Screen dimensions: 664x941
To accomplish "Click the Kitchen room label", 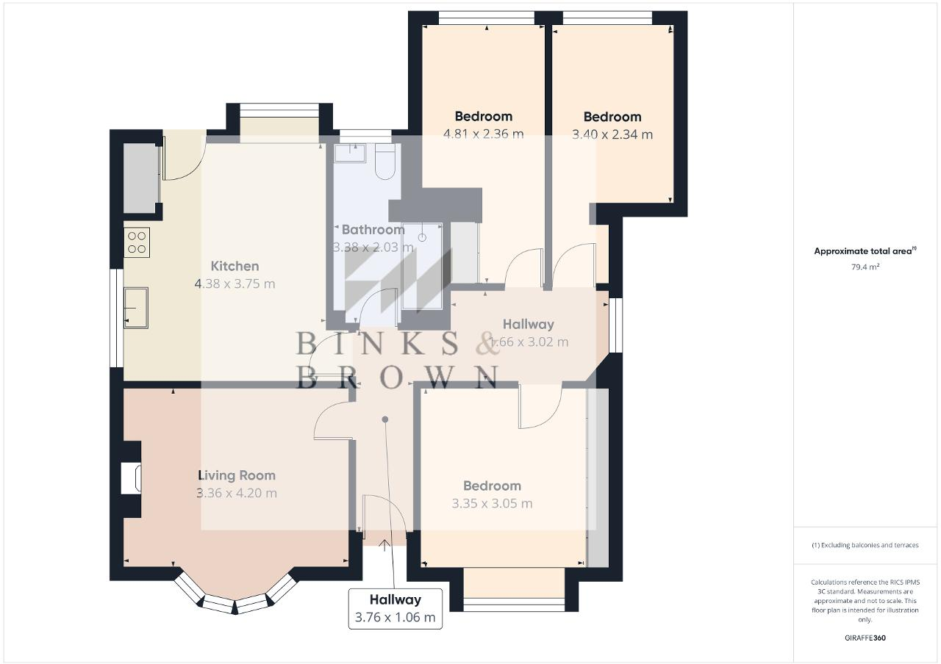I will pyautogui.click(x=235, y=266).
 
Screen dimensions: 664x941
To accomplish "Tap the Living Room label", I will pyautogui.click(x=236, y=475).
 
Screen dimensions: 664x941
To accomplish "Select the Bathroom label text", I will pyautogui.click(x=373, y=229).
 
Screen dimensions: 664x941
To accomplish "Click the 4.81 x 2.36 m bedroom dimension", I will pyautogui.click(x=483, y=134).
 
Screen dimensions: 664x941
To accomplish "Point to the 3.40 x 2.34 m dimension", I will pyautogui.click(x=612, y=134).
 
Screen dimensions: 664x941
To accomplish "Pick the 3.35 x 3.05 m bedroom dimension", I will pyautogui.click(x=492, y=503).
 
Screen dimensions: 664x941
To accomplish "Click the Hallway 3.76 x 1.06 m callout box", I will pyautogui.click(x=395, y=608).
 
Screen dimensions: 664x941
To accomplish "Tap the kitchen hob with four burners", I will pyautogui.click(x=137, y=242).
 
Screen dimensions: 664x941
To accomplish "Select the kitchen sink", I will pyautogui.click(x=136, y=306).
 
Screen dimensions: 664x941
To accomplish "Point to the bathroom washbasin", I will pyautogui.click(x=350, y=154).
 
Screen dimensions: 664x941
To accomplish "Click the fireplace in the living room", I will pyautogui.click(x=129, y=478).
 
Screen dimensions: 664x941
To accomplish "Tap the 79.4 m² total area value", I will pyautogui.click(x=865, y=267).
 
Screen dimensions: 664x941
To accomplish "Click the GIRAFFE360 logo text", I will pyautogui.click(x=865, y=638).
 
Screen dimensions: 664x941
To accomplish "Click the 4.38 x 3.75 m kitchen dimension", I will pyautogui.click(x=235, y=284).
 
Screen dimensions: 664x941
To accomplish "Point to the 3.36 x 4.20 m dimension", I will pyautogui.click(x=236, y=493).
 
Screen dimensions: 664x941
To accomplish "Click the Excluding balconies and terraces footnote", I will pyautogui.click(x=865, y=545).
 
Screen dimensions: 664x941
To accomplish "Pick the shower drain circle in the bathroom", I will pyautogui.click(x=422, y=238).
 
